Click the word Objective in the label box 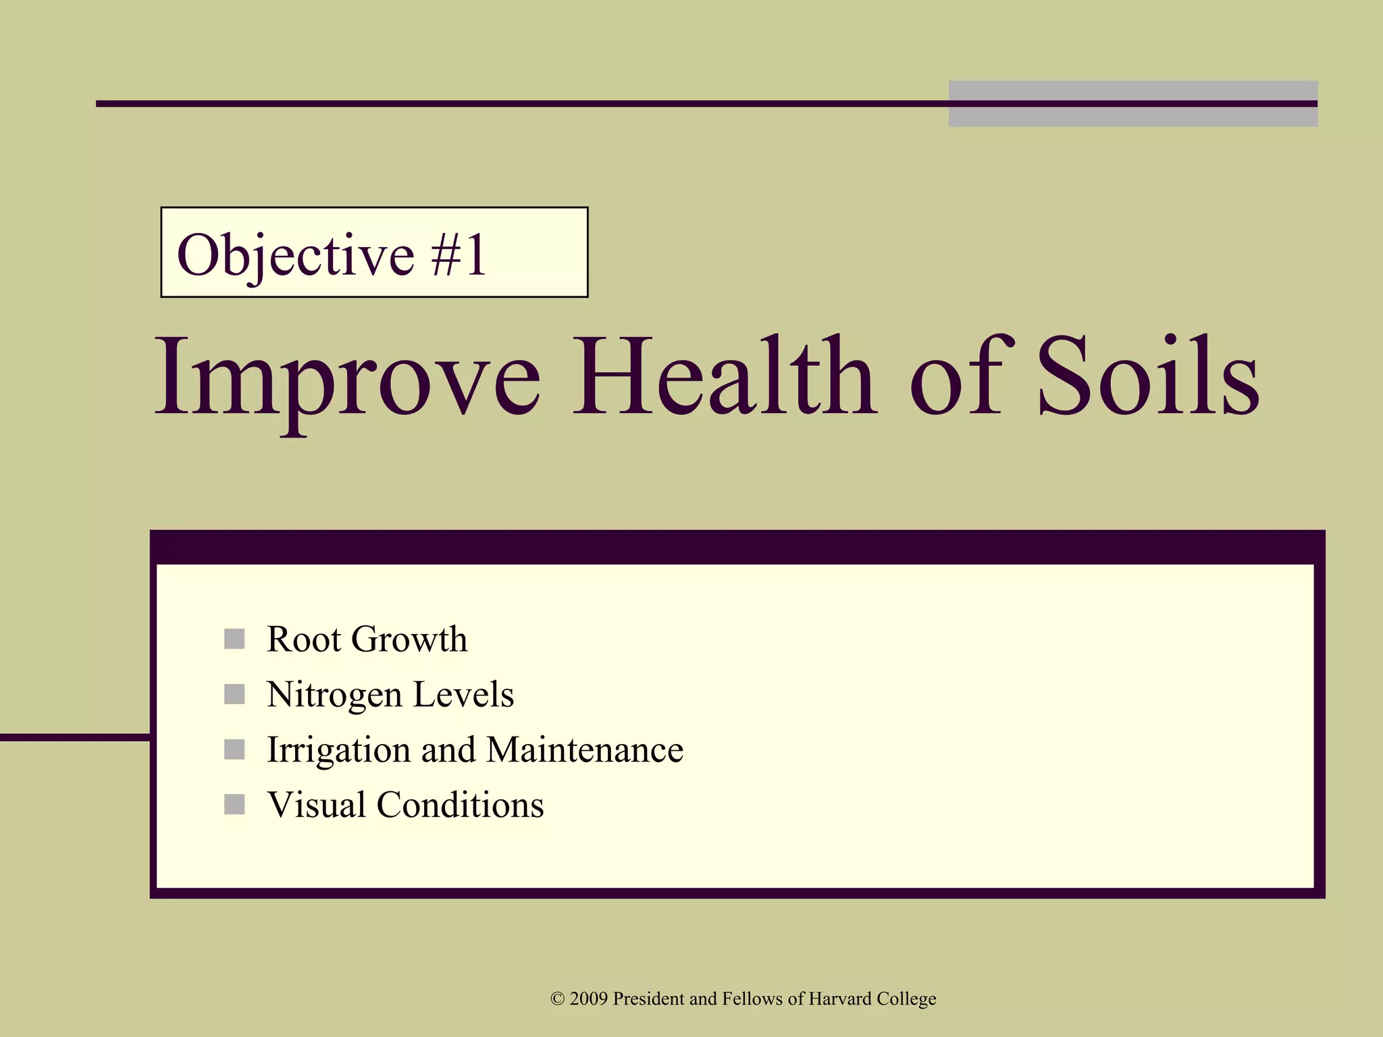294,255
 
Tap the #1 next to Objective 459,255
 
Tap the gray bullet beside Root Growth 234,639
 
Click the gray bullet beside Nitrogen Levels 234,694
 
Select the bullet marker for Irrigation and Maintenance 234,749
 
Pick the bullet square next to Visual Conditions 234,805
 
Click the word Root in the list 304,639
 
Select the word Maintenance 585,749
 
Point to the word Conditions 460,805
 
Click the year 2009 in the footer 589,999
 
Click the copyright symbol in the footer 557,999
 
